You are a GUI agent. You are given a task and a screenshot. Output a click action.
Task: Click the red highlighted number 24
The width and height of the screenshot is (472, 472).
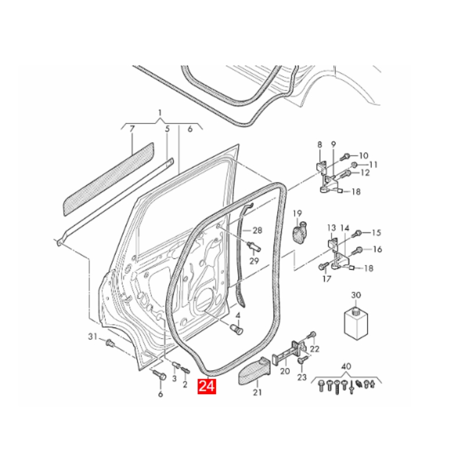[207, 387]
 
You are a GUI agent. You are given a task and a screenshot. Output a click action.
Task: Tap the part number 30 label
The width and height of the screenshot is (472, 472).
[356, 295]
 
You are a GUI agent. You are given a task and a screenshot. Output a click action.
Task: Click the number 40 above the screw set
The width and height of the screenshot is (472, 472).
[346, 366]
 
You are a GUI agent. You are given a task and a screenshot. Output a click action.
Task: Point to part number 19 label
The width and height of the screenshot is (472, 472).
[297, 214]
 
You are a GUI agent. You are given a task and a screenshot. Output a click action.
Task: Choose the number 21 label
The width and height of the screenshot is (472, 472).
[257, 392]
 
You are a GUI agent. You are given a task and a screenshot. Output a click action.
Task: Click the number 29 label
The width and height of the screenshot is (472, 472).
[254, 260]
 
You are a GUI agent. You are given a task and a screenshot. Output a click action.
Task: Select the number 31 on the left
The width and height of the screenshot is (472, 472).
[92, 336]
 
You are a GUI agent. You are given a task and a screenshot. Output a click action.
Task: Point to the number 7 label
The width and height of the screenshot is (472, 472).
[132, 129]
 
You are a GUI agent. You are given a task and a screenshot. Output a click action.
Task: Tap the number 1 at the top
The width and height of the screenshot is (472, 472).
[159, 112]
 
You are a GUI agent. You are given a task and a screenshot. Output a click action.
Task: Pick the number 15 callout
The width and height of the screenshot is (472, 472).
[376, 232]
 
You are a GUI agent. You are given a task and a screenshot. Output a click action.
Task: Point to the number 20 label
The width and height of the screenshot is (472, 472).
[284, 372]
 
